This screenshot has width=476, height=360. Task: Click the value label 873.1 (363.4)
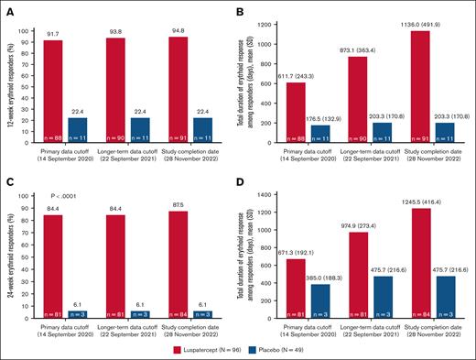point(363,49)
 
